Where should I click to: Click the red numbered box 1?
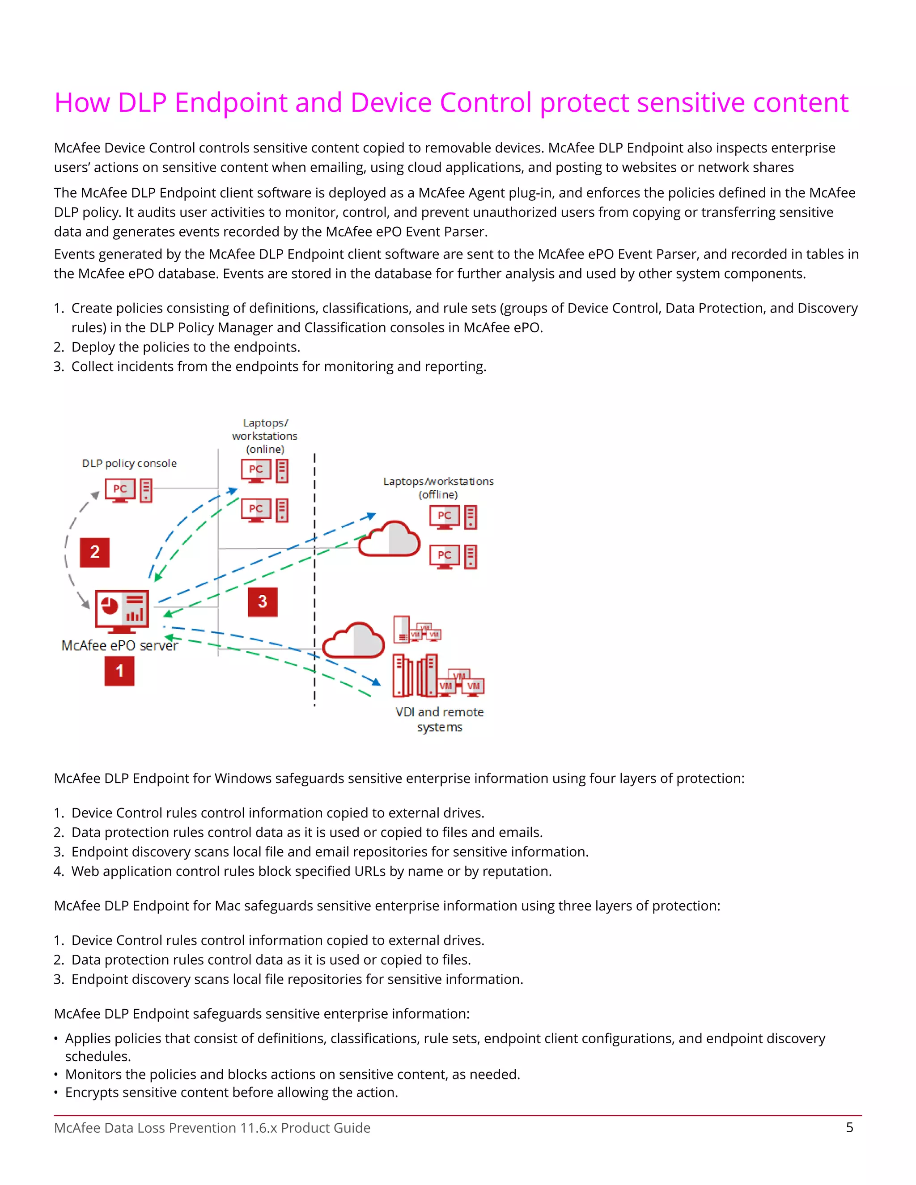pos(119,671)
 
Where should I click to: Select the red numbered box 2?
pos(95,552)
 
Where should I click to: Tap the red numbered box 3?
pos(263,602)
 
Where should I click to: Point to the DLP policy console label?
pos(129,463)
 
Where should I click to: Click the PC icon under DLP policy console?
pos(120,490)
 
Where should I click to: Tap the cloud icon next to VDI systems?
pos(353,641)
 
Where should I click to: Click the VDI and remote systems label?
pos(440,719)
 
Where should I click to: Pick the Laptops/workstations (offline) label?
pos(438,488)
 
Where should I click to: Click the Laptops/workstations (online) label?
pos(265,436)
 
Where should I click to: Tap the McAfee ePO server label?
pos(119,646)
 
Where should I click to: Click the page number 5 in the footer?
pos(850,1127)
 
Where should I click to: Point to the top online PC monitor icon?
pos(256,470)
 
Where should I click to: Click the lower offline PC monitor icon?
pos(445,556)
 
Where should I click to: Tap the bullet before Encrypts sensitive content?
pos(56,1093)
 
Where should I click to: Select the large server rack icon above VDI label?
pos(416,676)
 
